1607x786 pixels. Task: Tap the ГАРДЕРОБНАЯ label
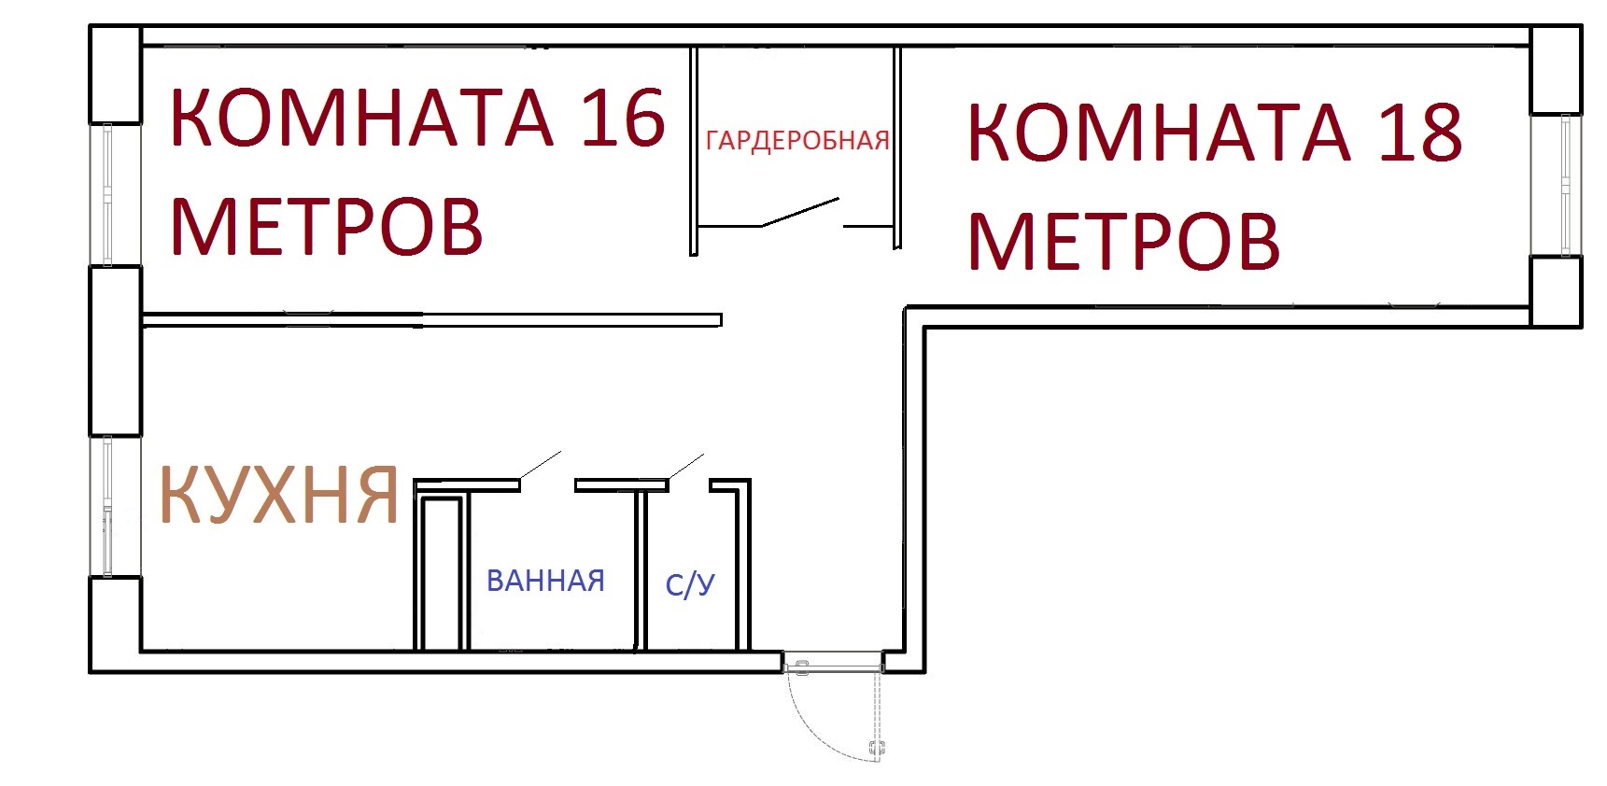[797, 141]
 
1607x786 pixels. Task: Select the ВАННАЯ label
[545, 581]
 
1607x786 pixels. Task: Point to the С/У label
[690, 584]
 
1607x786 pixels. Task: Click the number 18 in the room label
[1420, 133]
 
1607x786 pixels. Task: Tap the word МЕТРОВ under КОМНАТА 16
[327, 225]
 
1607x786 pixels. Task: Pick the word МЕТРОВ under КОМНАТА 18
[1123, 241]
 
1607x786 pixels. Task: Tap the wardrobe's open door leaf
[800, 211]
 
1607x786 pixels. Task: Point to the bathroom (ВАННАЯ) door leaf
[540, 467]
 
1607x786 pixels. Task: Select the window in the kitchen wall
[108, 506]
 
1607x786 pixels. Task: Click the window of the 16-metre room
[107, 195]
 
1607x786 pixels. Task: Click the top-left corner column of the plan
[115, 75]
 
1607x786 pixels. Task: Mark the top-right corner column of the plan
[1557, 70]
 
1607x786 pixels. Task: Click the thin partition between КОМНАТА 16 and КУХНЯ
[431, 319]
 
